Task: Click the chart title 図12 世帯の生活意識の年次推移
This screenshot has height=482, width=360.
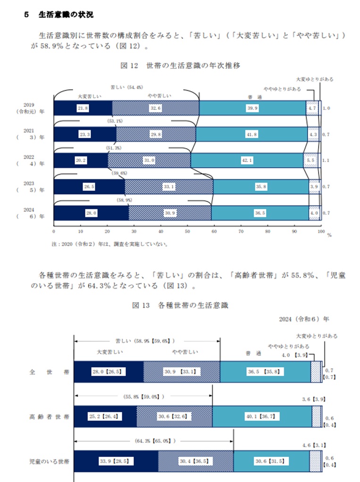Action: (x=180, y=66)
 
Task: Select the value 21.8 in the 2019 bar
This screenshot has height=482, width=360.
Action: (x=83, y=108)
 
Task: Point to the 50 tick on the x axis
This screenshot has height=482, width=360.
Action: (x=187, y=231)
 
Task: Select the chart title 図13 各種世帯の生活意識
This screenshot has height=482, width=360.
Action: (x=180, y=305)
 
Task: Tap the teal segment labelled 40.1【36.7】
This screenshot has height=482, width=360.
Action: (x=261, y=417)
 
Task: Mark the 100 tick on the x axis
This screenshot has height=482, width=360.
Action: (x=321, y=231)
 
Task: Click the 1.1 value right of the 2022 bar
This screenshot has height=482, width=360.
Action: (x=326, y=161)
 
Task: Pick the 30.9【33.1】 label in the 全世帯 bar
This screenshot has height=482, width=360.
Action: (x=181, y=372)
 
